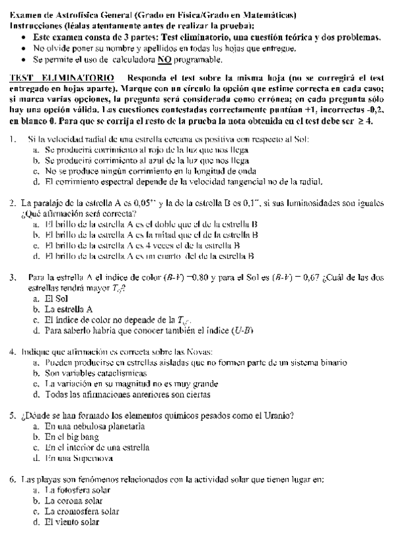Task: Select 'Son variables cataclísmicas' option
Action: [x=91, y=372]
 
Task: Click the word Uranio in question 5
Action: [x=277, y=416]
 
